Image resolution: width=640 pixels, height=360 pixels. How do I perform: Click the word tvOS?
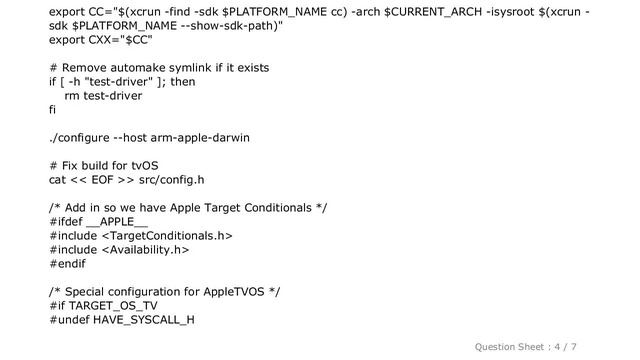coord(139,165)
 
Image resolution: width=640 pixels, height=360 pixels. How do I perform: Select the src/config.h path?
coord(167,180)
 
